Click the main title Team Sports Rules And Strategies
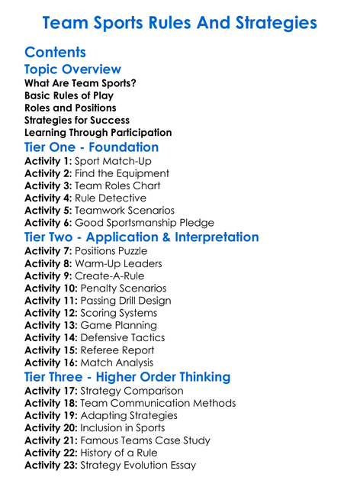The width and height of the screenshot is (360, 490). pyautogui.click(x=179, y=23)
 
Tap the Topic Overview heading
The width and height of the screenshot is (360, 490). pyautogui.click(x=72, y=70)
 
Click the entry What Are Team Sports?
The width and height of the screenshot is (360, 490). pyautogui.click(x=80, y=83)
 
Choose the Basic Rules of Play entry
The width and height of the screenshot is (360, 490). pyautogui.click(x=69, y=95)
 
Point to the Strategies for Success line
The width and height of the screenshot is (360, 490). pyautogui.click(x=77, y=120)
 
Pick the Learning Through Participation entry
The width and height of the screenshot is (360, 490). pyautogui.click(x=98, y=132)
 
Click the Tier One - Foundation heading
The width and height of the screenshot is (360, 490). pyautogui.click(x=92, y=147)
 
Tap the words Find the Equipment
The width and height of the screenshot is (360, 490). pyautogui.click(x=122, y=173)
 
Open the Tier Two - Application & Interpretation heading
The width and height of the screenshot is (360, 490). pyautogui.click(x=142, y=237)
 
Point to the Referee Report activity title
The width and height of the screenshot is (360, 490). pyautogui.click(x=122, y=350)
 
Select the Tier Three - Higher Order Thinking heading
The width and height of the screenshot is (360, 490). pyautogui.click(x=127, y=377)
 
